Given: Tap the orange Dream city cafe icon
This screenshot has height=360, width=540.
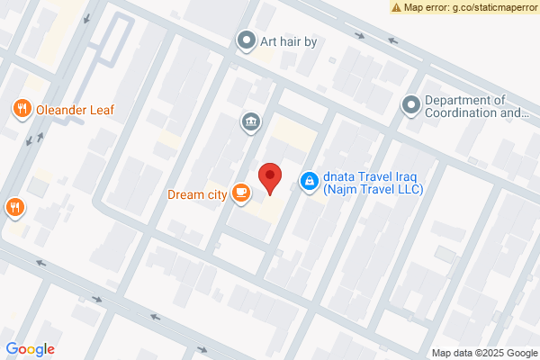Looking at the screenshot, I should click(240, 192).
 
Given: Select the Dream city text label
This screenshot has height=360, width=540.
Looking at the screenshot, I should click(196, 193).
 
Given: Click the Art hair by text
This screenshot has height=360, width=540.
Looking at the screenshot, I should click(289, 41).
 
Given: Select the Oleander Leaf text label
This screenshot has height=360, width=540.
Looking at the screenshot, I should click(75, 111).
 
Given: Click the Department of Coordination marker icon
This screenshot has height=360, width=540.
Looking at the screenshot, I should click(411, 106).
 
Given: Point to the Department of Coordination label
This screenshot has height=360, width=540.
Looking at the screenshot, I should click(476, 106).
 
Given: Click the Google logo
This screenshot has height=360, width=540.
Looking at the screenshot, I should click(30, 349).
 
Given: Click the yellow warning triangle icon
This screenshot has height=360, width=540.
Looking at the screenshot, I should click(397, 6).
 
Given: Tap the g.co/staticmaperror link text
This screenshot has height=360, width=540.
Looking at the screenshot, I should click(491, 7).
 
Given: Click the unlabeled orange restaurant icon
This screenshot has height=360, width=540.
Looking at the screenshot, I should click(13, 207).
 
